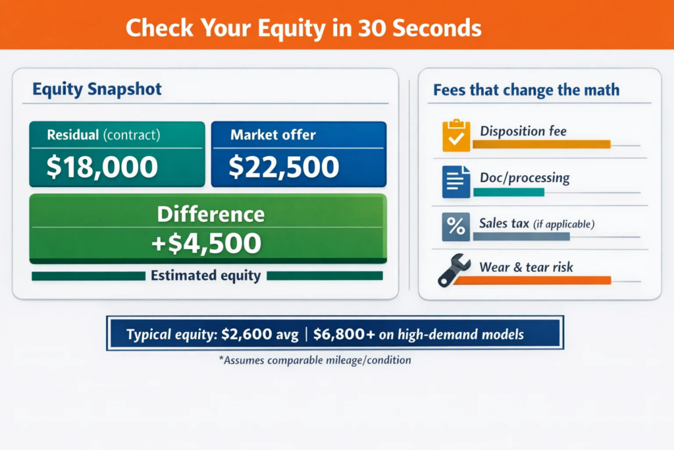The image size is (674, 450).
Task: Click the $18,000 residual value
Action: point(102,167)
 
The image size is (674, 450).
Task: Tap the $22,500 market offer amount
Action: point(284,167)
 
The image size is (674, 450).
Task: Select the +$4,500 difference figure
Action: point(206,243)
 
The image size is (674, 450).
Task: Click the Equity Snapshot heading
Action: point(97,90)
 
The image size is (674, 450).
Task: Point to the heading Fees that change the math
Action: point(526,90)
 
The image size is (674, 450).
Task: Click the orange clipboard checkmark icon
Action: point(456,135)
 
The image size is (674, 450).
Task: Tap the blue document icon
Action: point(456,182)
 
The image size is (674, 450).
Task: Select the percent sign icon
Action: point(455,227)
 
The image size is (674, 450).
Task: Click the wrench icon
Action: point(454,270)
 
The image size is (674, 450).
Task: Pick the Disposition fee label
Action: point(523,131)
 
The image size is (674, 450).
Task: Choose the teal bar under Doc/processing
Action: point(509,192)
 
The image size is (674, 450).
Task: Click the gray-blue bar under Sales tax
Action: point(521,237)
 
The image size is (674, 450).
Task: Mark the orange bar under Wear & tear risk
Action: point(532,281)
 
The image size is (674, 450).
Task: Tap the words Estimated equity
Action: point(206,275)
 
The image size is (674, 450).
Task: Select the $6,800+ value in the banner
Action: point(344,334)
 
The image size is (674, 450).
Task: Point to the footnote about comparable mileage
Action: point(315,360)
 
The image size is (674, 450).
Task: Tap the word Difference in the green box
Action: point(211,214)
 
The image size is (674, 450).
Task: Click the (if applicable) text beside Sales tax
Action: point(564,224)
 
